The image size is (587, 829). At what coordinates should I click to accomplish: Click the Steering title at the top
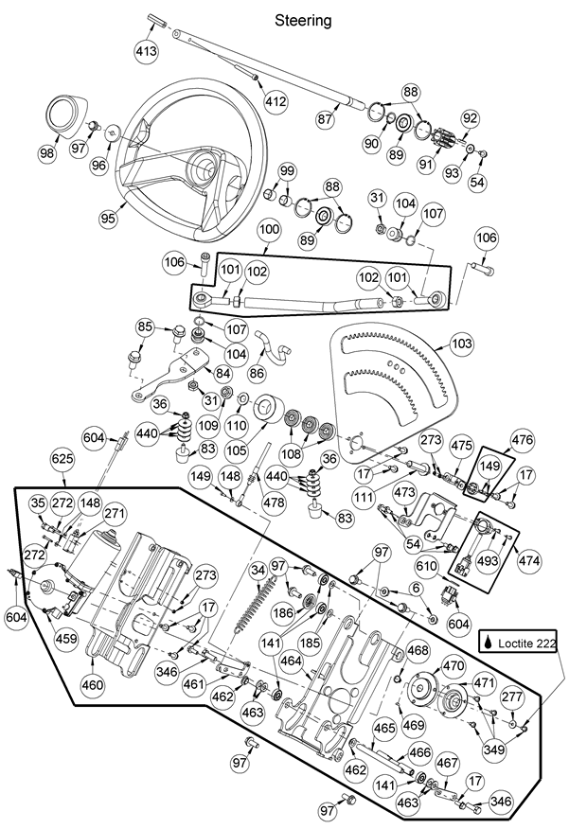pos(303,20)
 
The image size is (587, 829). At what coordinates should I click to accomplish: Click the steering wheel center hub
pos(201,167)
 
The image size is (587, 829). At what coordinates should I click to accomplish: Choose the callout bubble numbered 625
pos(62,458)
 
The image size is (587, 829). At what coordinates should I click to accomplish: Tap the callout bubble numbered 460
pos(92,684)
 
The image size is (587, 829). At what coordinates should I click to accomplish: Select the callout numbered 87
pos(326,119)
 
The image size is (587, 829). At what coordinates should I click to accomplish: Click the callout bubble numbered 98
pos(46,154)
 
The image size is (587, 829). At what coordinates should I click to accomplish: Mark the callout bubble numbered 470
pos(454,665)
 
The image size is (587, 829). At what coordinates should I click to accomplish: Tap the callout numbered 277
pos(511,697)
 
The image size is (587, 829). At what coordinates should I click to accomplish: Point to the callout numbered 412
pos(276,100)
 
